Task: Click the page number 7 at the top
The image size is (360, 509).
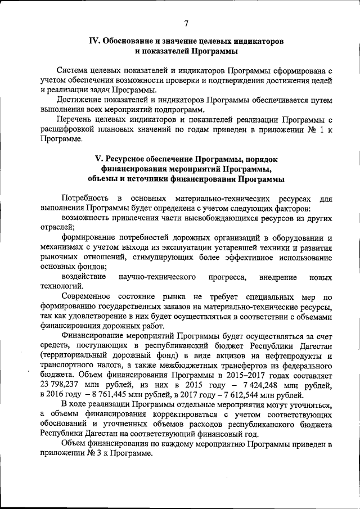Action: tap(186, 22)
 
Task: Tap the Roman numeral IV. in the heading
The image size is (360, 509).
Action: tap(96, 41)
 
